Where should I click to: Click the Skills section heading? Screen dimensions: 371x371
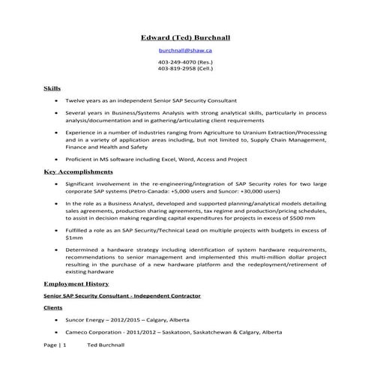52,88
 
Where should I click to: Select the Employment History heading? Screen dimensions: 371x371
76,285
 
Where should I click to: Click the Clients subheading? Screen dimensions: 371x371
53,308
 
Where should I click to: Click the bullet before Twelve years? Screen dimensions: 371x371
57,100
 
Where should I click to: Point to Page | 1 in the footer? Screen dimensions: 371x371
55,346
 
